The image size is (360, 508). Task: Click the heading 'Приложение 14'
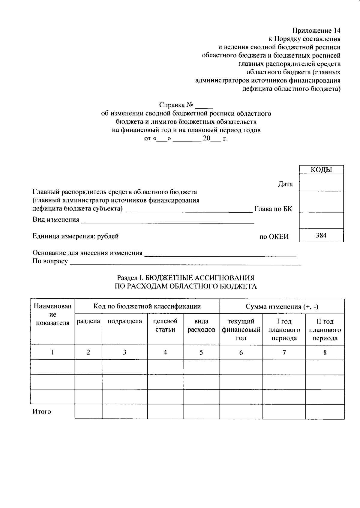click(316, 30)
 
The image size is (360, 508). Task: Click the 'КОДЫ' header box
click(321, 170)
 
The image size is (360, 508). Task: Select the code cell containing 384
click(321, 235)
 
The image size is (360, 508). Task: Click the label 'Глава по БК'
click(273, 209)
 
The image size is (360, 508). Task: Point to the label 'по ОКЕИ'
click(274, 237)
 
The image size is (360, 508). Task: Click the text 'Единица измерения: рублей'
click(75, 236)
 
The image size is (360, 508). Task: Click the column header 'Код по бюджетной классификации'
click(147, 306)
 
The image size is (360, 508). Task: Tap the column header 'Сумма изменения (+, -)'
click(282, 306)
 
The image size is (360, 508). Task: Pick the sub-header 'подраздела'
click(124, 321)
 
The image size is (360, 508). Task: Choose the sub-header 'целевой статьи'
click(165, 325)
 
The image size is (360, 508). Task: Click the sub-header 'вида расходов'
click(201, 325)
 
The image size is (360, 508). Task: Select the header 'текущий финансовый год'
click(241, 330)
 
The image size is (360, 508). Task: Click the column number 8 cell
click(325, 352)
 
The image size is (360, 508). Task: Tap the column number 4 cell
click(165, 352)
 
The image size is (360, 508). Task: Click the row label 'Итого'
click(42, 411)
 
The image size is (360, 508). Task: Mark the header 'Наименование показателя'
click(52, 315)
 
